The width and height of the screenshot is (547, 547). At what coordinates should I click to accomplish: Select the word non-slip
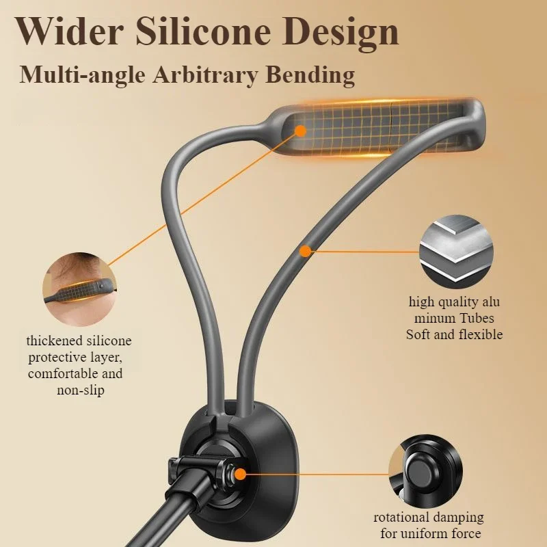[x=80, y=390]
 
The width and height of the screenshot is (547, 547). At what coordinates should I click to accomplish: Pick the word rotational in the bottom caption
[x=401, y=517]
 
